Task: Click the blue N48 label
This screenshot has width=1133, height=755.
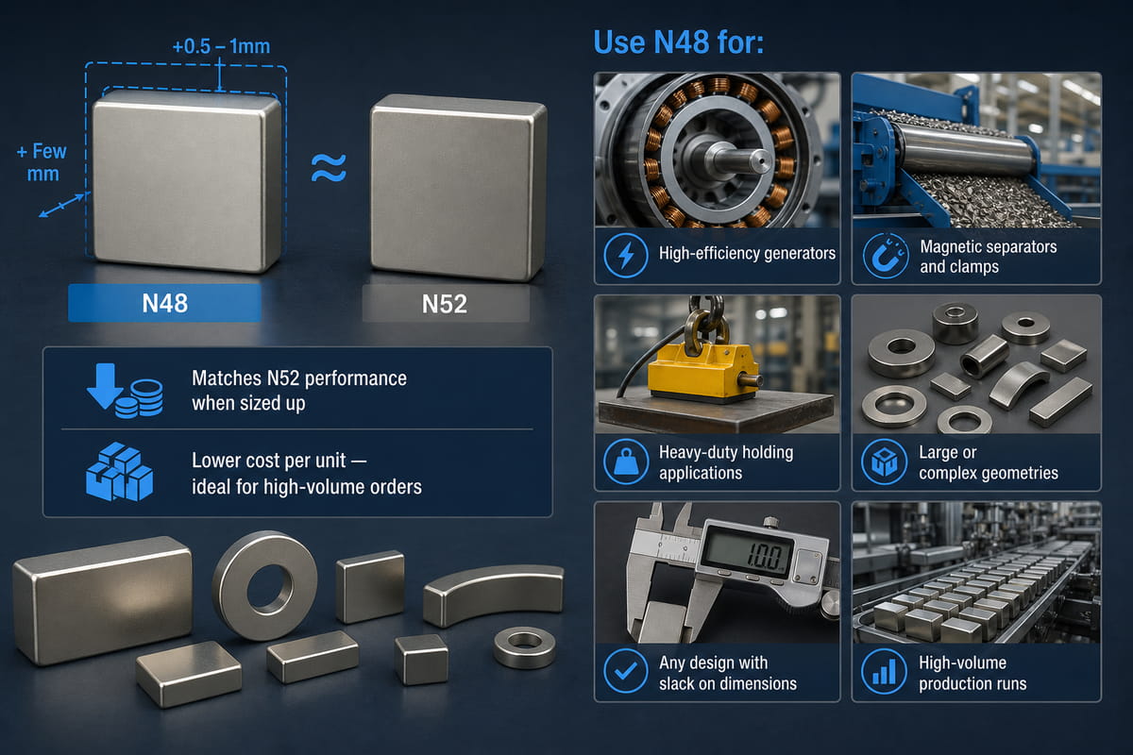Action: tap(165, 303)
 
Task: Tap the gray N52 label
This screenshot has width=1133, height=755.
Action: tap(445, 304)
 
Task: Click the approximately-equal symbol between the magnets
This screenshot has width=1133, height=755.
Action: tap(329, 168)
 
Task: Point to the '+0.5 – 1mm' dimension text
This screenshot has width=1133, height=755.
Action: tap(222, 46)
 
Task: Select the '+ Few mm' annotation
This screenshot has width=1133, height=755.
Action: tap(42, 162)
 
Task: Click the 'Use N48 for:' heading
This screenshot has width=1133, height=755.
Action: tap(678, 42)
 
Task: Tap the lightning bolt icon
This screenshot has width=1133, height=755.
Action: tap(626, 255)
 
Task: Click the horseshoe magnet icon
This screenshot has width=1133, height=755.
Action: tap(886, 256)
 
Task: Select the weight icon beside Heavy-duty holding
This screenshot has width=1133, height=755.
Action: tap(626, 461)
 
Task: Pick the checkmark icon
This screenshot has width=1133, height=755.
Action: tap(626, 671)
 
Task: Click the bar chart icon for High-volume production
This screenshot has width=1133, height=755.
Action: tap(884, 672)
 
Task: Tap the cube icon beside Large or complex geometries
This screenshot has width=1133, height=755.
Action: tap(884, 461)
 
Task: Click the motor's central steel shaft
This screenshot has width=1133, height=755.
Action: tap(738, 159)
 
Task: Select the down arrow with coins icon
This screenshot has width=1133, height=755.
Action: tap(125, 391)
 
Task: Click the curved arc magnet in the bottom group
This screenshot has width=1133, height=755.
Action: tap(492, 594)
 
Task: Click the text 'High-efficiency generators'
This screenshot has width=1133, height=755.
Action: tap(747, 253)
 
